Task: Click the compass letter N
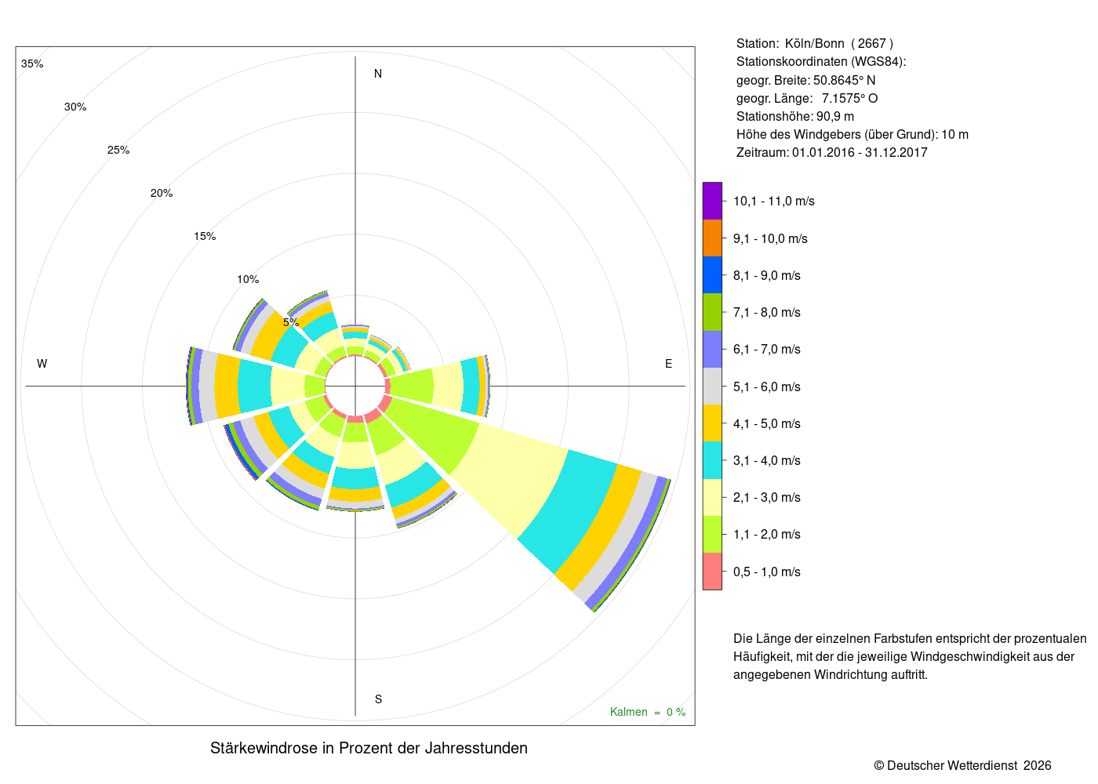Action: click(377, 74)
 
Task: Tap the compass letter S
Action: click(378, 699)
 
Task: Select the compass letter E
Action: click(668, 364)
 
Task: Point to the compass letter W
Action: click(42, 364)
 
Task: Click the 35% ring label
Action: click(32, 64)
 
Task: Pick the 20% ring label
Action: click(162, 193)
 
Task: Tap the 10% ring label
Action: click(248, 279)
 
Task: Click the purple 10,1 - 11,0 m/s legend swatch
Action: click(712, 201)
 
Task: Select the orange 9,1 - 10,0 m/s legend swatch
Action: click(712, 238)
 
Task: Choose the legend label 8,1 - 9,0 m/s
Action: click(767, 275)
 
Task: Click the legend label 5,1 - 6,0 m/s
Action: click(767, 387)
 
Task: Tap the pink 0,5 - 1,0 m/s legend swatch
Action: click(712, 572)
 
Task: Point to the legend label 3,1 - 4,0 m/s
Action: click(767, 461)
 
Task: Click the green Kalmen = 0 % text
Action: click(648, 712)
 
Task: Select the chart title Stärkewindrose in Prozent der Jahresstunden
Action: click(369, 748)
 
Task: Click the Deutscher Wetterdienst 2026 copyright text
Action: click(962, 765)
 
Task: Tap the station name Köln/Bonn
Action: click(815, 44)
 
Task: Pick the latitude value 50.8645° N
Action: click(844, 80)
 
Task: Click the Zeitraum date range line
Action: click(832, 152)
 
